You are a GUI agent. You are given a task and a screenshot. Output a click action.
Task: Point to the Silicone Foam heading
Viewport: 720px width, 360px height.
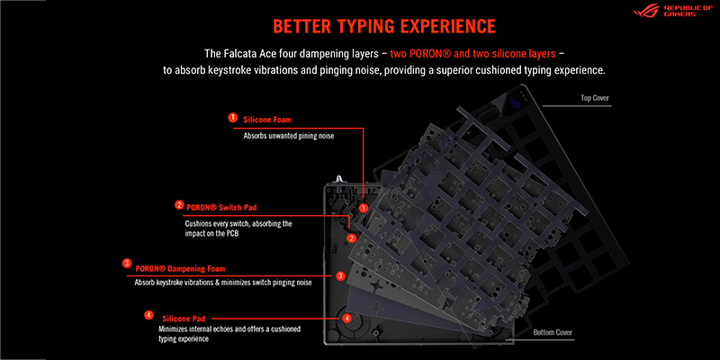pyautogui.click(x=268, y=118)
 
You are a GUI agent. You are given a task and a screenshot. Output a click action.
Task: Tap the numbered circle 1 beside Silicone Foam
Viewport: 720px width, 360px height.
pyautogui.click(x=233, y=117)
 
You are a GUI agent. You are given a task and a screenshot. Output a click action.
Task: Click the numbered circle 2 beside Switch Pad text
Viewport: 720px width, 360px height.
pyautogui.click(x=180, y=204)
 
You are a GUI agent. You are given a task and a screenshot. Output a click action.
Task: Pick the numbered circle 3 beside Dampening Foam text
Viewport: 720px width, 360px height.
pyautogui.click(x=127, y=263)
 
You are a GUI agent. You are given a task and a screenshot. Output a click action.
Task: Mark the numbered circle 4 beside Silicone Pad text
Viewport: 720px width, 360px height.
pyautogui.click(x=148, y=315)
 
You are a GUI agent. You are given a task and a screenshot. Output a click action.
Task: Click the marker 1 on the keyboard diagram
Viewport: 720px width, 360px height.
pyautogui.click(x=364, y=207)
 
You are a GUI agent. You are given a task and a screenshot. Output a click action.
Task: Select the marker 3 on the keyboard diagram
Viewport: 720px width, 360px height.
pyautogui.click(x=340, y=275)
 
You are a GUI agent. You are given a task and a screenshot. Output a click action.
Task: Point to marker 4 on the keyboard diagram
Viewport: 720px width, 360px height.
pyautogui.click(x=346, y=318)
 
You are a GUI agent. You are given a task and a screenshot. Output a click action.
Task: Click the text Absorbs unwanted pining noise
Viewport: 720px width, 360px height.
pyautogui.click(x=283, y=136)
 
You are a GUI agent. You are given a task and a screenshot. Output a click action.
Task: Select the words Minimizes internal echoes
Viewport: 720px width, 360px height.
pyautogui.click(x=190, y=329)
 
